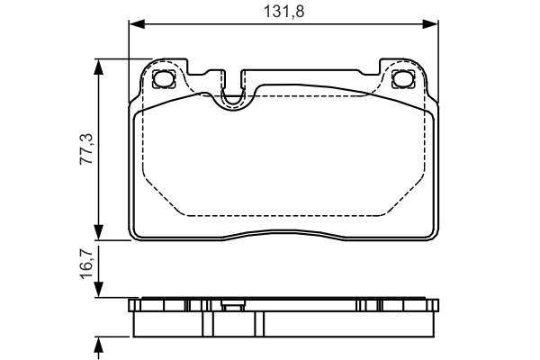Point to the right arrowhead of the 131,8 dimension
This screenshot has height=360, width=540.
[x=433, y=24]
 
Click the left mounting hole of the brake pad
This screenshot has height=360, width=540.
[x=164, y=79]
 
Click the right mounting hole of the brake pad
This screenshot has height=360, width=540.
[x=404, y=79]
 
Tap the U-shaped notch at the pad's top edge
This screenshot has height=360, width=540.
[x=232, y=100]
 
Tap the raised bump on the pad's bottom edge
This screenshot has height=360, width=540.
[x=284, y=235]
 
